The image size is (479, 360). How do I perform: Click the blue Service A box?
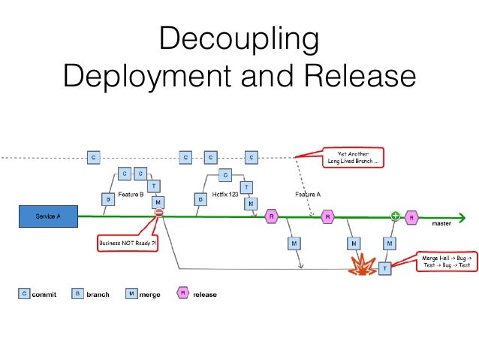[49, 216]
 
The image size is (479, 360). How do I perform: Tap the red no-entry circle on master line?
[158, 214]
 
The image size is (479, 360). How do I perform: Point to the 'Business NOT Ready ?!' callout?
[128, 244]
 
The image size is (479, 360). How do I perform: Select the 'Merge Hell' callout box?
[447, 262]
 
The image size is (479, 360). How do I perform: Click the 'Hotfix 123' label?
[224, 194]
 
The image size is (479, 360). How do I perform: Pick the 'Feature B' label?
[131, 194]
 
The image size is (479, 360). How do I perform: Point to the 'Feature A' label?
[308, 194]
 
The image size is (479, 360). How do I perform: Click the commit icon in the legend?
[24, 294]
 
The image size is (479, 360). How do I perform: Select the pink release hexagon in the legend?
[182, 294]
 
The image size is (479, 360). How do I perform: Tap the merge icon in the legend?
[131, 294]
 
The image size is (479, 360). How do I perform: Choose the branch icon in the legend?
[77, 294]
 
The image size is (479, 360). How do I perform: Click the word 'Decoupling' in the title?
[239, 39]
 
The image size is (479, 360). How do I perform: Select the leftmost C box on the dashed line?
[93, 157]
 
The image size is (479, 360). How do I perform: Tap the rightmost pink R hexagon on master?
[411, 217]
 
